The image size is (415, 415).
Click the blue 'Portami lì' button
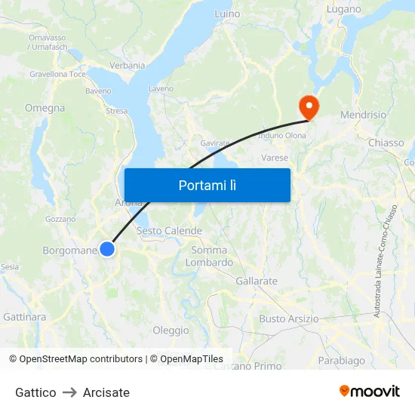[x=207, y=185]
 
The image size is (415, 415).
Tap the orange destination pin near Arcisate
[x=309, y=106]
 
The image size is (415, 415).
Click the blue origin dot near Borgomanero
[x=107, y=249]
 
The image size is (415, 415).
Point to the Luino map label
[x=227, y=14]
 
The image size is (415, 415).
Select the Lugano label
[x=344, y=10]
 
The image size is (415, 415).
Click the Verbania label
[x=128, y=66]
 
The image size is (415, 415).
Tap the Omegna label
[x=45, y=108]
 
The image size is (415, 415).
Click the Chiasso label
[x=386, y=143]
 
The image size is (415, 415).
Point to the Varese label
[x=275, y=158]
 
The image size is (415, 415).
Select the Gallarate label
[x=257, y=281]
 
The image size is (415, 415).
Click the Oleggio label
[x=171, y=330]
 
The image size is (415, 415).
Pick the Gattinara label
[x=25, y=317]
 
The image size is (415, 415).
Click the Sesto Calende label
[x=170, y=231]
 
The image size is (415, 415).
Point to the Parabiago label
[x=342, y=361]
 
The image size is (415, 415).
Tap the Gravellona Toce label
[x=58, y=75]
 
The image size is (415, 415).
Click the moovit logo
[x=370, y=392]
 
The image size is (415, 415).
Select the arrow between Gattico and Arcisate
[x=69, y=392]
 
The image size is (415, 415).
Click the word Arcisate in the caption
[x=106, y=392]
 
